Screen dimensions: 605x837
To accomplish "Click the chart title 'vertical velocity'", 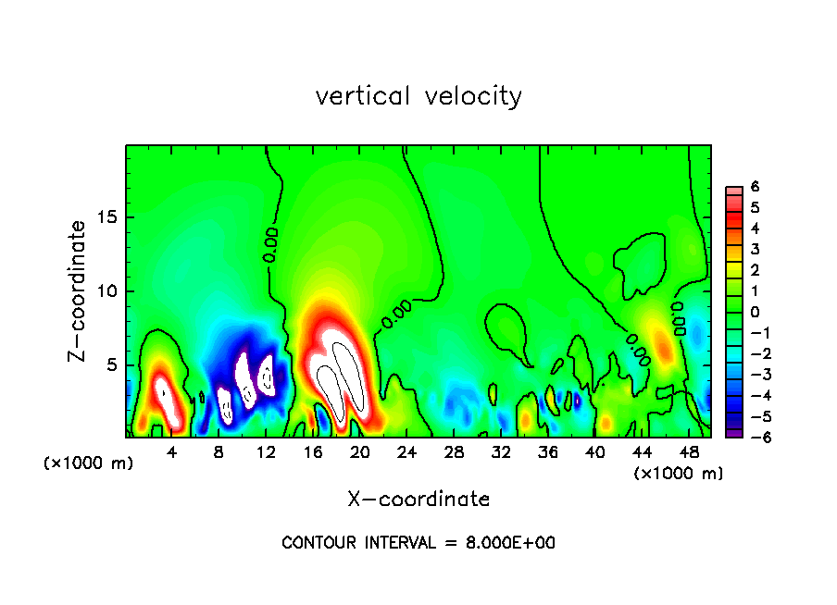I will click(x=418, y=96).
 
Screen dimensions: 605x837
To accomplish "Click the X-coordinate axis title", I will click(x=418, y=499).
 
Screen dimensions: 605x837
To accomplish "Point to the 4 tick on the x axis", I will click(x=171, y=452).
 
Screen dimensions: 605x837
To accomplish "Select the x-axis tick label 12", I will click(x=266, y=452).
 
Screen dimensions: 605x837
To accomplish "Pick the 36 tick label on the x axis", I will click(x=548, y=452).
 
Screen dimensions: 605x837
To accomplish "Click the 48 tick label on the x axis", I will click(x=689, y=452).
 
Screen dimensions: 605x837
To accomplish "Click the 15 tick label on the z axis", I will click(x=108, y=217).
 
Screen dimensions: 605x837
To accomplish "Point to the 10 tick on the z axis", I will click(x=108, y=291).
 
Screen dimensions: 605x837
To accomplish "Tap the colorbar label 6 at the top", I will click(x=755, y=186).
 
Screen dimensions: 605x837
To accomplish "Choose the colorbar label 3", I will click(x=755, y=249).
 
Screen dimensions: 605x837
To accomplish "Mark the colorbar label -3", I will click(x=752, y=375).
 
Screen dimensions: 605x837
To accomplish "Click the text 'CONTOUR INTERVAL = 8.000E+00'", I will click(x=418, y=543).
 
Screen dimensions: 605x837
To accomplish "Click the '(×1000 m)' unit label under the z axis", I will click(x=89, y=463).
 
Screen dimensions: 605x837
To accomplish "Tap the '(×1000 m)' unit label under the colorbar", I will click(x=678, y=473).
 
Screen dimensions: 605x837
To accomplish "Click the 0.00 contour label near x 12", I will click(x=270, y=244).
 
